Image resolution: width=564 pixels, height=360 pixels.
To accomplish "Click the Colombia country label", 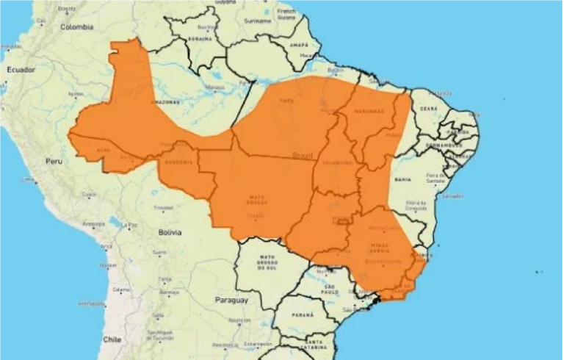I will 78,27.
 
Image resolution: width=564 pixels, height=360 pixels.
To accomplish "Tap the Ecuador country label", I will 21,69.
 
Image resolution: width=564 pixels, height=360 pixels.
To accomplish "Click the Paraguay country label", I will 232,300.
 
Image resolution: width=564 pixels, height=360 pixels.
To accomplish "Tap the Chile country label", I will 112,339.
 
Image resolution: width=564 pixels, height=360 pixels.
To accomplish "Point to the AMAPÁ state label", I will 300,45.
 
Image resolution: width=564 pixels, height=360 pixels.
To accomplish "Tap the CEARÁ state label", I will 428,109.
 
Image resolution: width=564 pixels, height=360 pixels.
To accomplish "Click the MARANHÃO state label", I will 370,111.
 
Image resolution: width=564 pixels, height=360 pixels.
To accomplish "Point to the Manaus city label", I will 214,87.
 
